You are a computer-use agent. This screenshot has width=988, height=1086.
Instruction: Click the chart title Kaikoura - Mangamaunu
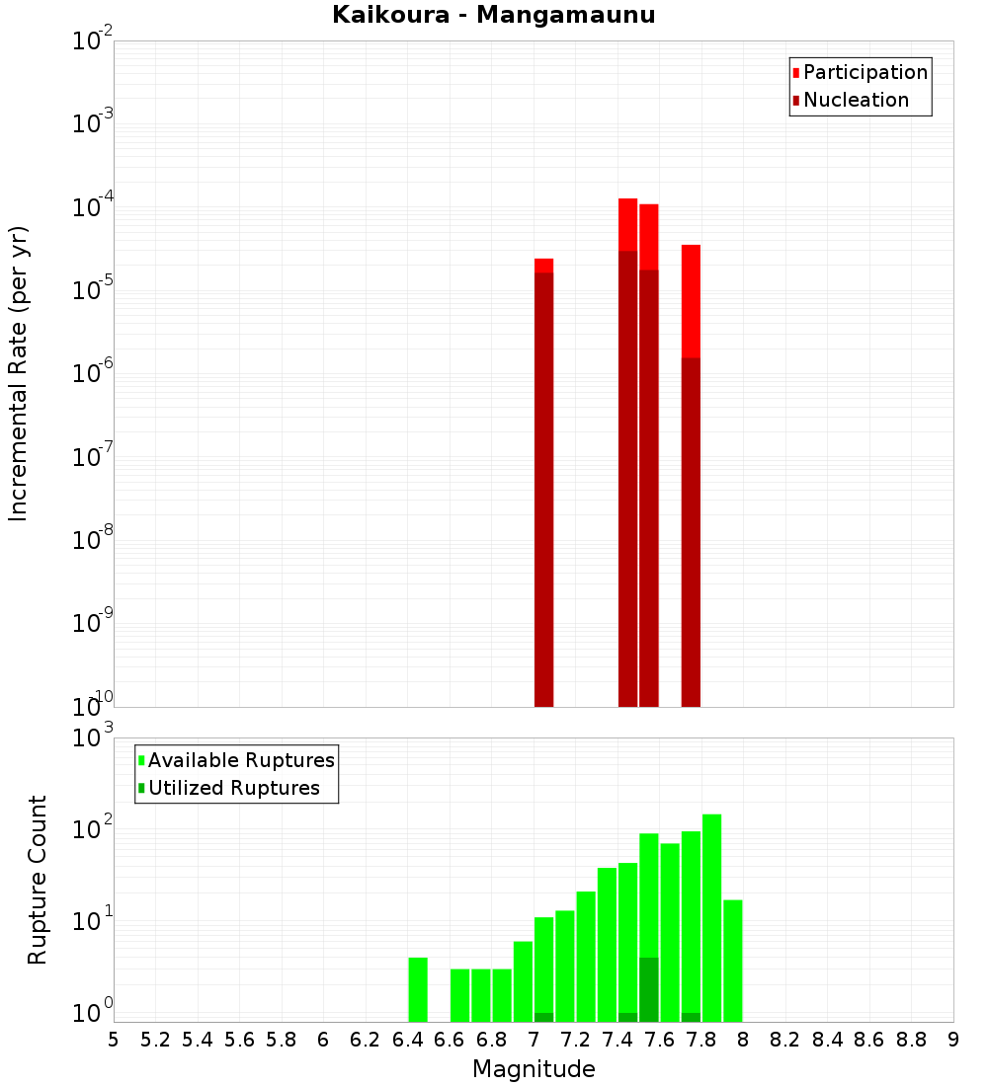pos(494,16)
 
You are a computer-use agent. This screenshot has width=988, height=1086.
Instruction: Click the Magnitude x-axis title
pos(534,1069)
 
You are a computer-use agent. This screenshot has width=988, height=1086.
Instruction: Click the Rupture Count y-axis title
pos(38,880)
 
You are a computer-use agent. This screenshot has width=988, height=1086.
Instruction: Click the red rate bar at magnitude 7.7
pos(691,296)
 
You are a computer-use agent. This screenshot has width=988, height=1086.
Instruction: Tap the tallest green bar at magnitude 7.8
pos(711,918)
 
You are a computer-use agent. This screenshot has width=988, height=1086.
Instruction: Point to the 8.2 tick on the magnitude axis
pos(784,1040)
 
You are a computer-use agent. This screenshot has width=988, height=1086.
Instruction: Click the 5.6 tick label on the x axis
pos(239,1040)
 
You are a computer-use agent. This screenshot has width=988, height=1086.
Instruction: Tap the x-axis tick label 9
pos(952,1040)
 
